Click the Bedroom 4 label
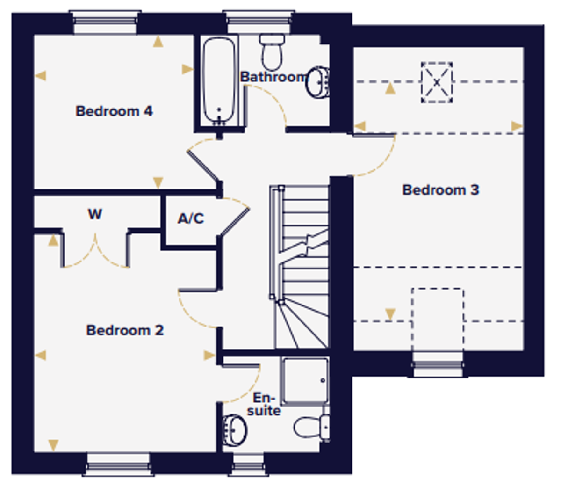pyautogui.click(x=114, y=111)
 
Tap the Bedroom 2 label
pyautogui.click(x=125, y=330)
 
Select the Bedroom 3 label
pyautogui.click(x=441, y=190)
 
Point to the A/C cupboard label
pyautogui.click(x=191, y=218)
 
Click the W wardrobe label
pyautogui.click(x=95, y=214)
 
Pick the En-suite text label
pyautogui.click(x=264, y=404)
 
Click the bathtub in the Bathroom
pyautogui.click(x=219, y=81)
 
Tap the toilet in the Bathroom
pyautogui.click(x=272, y=52)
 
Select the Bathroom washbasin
pyautogui.click(x=317, y=82)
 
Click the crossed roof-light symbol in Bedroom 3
pyautogui.click(x=437, y=82)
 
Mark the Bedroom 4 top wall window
pyautogui.click(x=105, y=22)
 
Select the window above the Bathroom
pyautogui.click(x=259, y=22)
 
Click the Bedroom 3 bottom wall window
pyautogui.click(x=438, y=364)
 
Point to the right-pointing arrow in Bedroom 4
pyautogui.click(x=187, y=69)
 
